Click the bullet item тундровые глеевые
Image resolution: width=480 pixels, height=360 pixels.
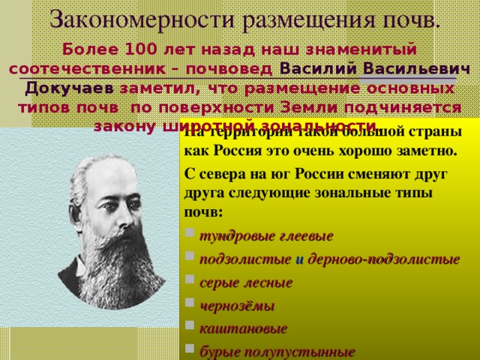(x=265, y=235)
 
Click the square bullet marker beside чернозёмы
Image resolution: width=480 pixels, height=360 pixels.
(x=190, y=307)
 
